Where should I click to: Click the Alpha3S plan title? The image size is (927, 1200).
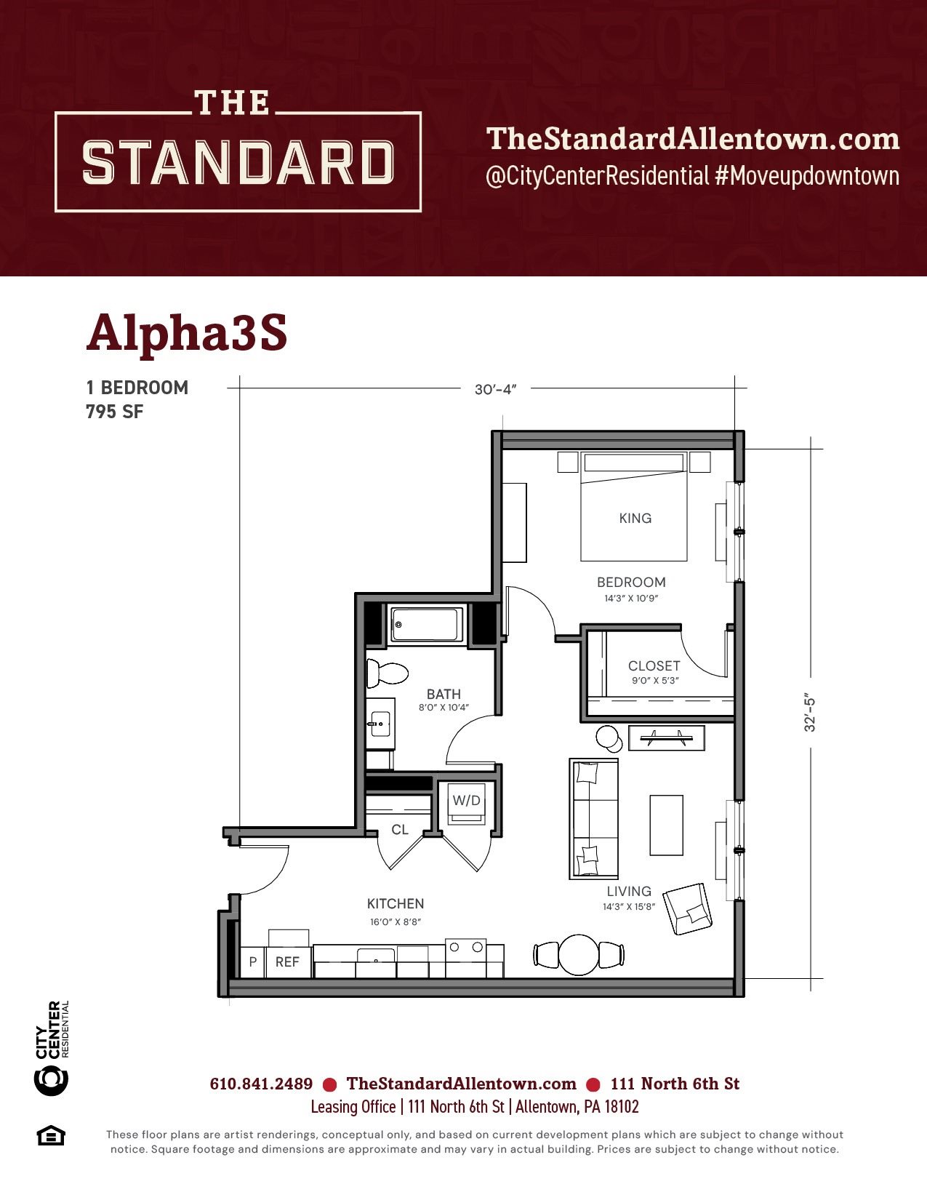click(187, 334)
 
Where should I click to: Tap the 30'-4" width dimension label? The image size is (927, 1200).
click(495, 389)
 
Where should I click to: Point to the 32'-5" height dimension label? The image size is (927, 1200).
click(809, 715)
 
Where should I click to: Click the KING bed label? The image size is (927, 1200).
click(635, 518)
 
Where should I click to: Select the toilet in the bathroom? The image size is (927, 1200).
click(387, 673)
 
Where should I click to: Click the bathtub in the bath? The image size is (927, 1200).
click(426, 625)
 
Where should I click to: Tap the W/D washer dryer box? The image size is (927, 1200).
click(467, 804)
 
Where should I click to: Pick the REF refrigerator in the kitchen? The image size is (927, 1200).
click(288, 962)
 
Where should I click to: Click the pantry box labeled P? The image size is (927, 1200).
click(253, 962)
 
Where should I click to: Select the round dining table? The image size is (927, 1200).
click(579, 955)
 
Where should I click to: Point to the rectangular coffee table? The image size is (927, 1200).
click(667, 825)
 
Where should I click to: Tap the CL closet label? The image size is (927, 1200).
click(400, 829)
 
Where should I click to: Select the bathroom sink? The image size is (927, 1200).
click(381, 723)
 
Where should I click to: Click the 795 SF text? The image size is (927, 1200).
click(115, 412)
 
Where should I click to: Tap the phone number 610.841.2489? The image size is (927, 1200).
click(261, 1084)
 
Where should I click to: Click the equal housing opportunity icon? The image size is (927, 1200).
click(51, 1136)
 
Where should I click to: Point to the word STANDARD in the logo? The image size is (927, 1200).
click(238, 162)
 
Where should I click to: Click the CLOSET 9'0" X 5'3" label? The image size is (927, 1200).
click(654, 671)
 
